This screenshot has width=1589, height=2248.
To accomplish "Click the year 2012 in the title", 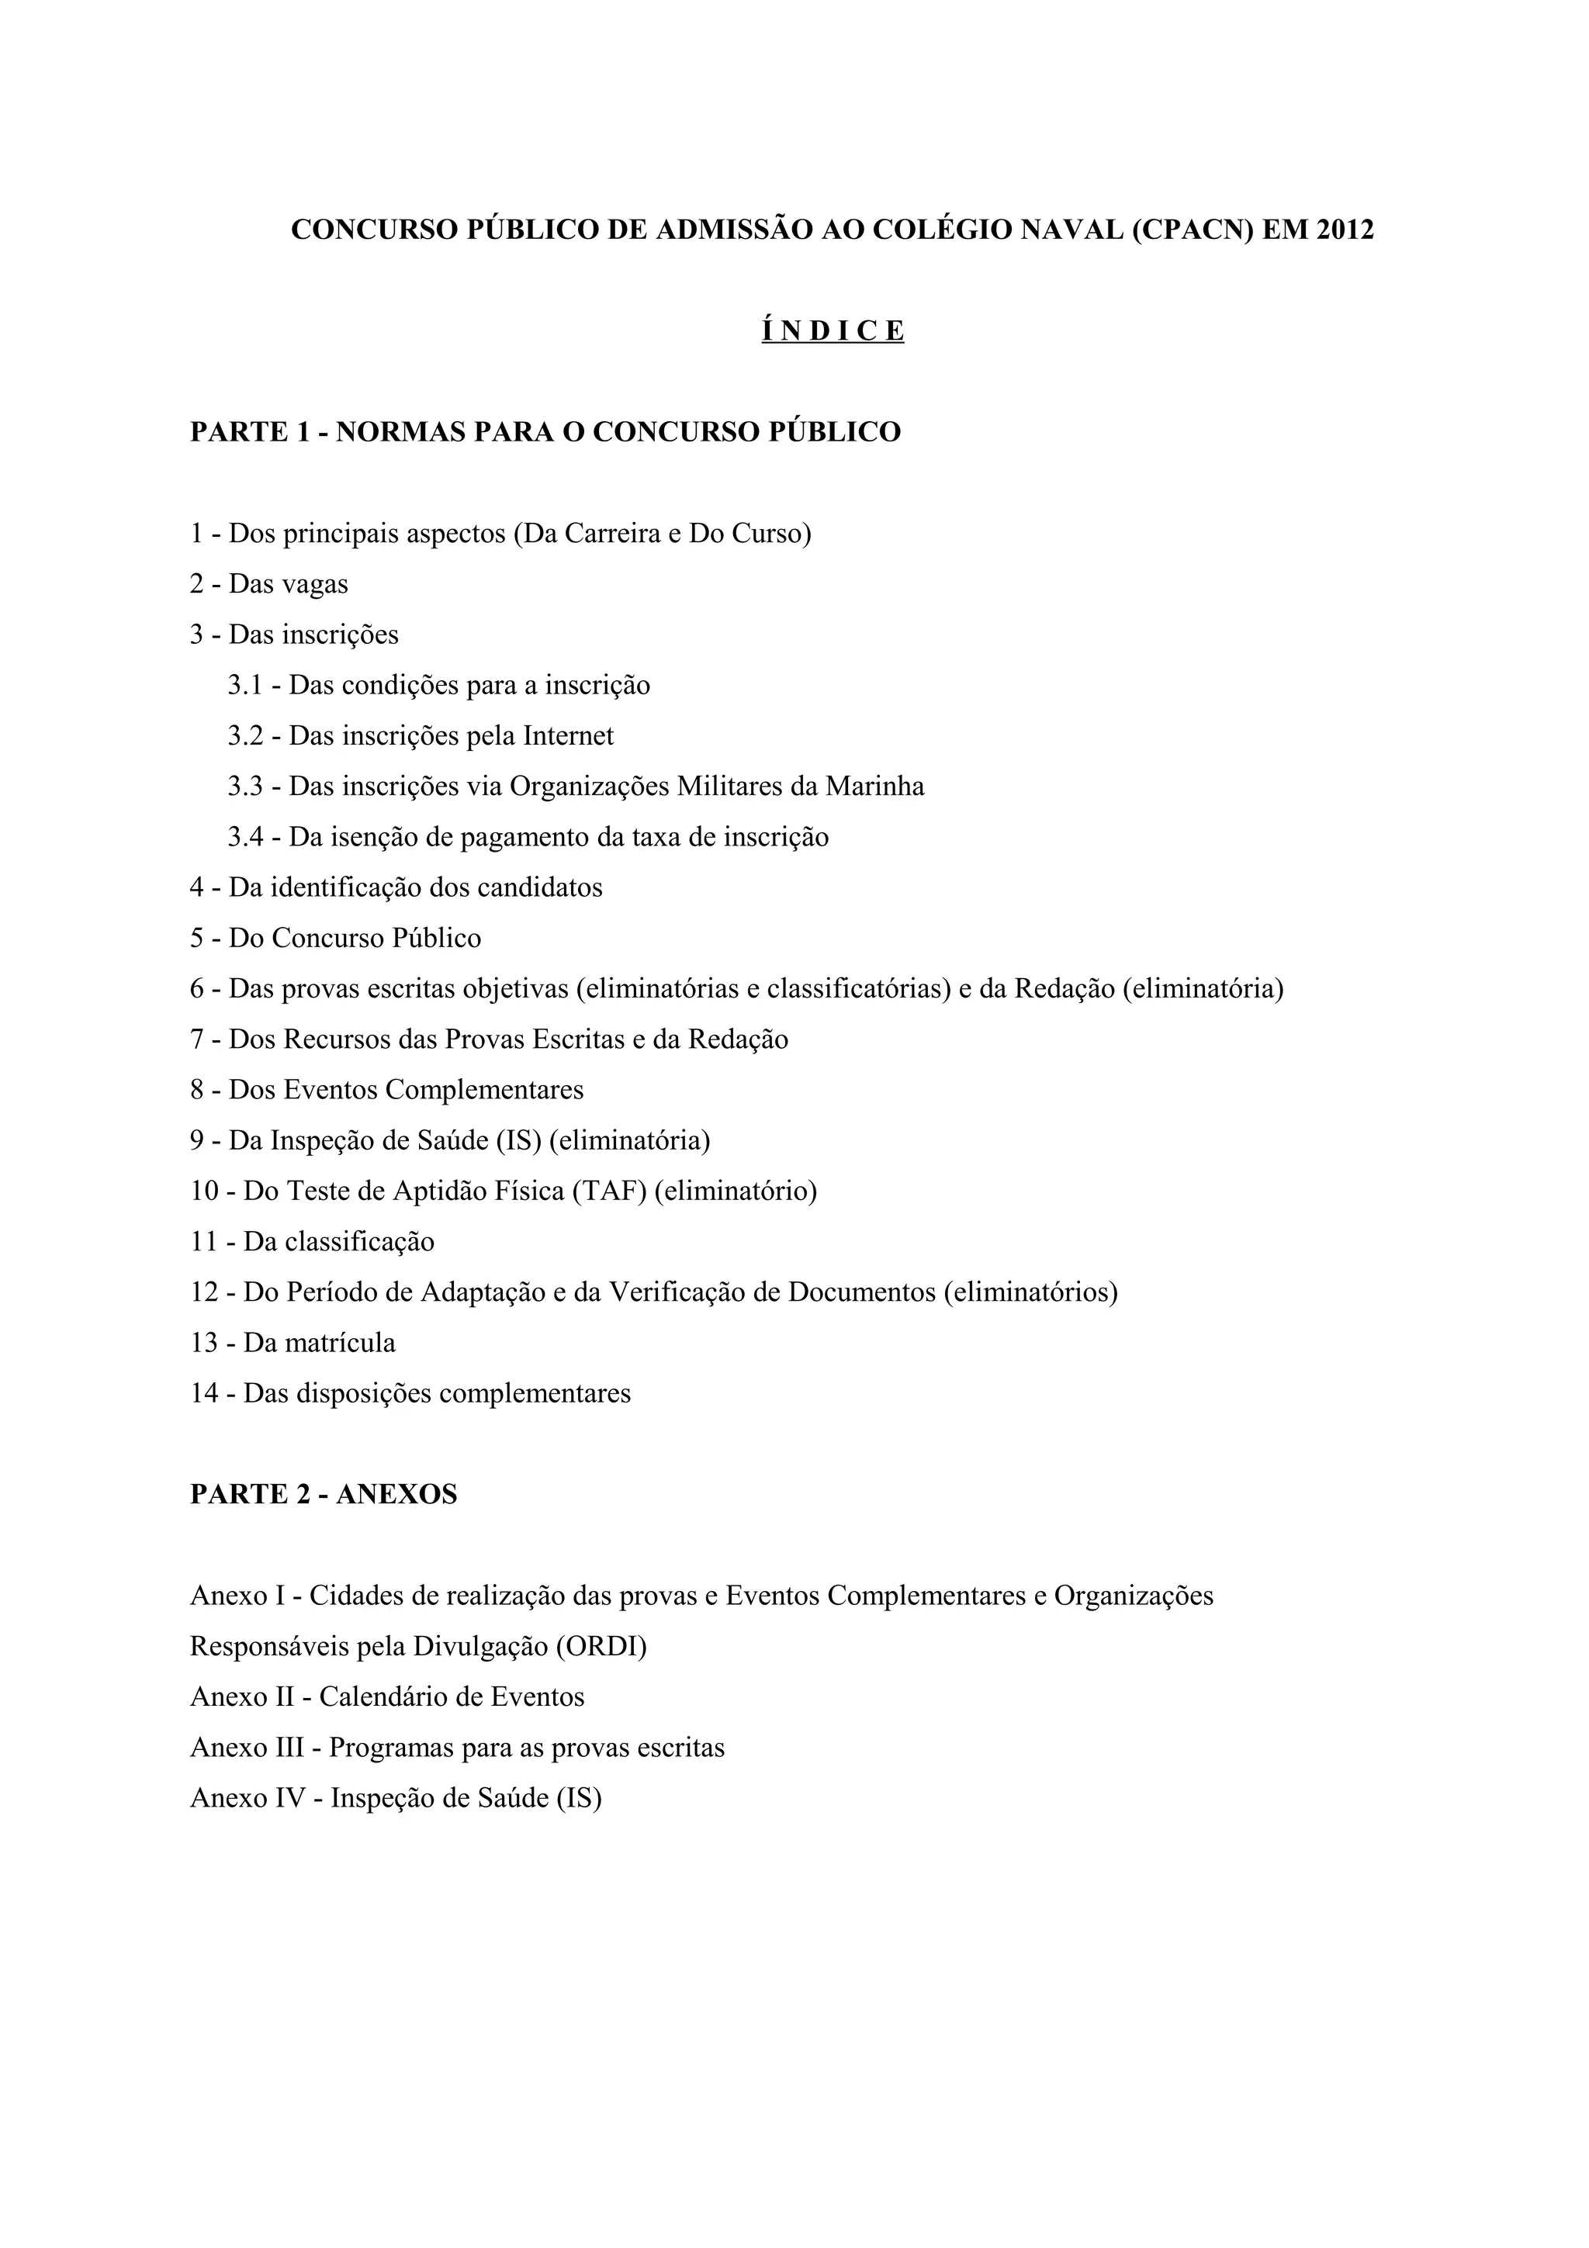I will coord(1345,230).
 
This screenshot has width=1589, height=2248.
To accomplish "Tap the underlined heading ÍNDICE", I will coord(833,331).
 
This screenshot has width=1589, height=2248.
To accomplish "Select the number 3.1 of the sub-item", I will coord(246,686).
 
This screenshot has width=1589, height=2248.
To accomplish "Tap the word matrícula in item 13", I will coord(339,1344).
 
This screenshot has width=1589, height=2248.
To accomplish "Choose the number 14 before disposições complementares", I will coord(205,1393).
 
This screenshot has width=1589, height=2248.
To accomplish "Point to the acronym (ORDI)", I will coord(601,1647).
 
